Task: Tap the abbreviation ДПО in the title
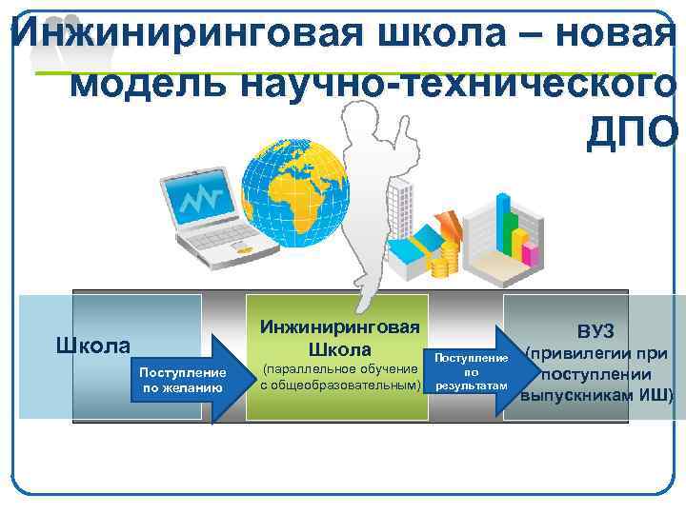631,132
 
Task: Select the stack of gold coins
445,257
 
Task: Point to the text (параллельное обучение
339,368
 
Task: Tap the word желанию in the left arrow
182,387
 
